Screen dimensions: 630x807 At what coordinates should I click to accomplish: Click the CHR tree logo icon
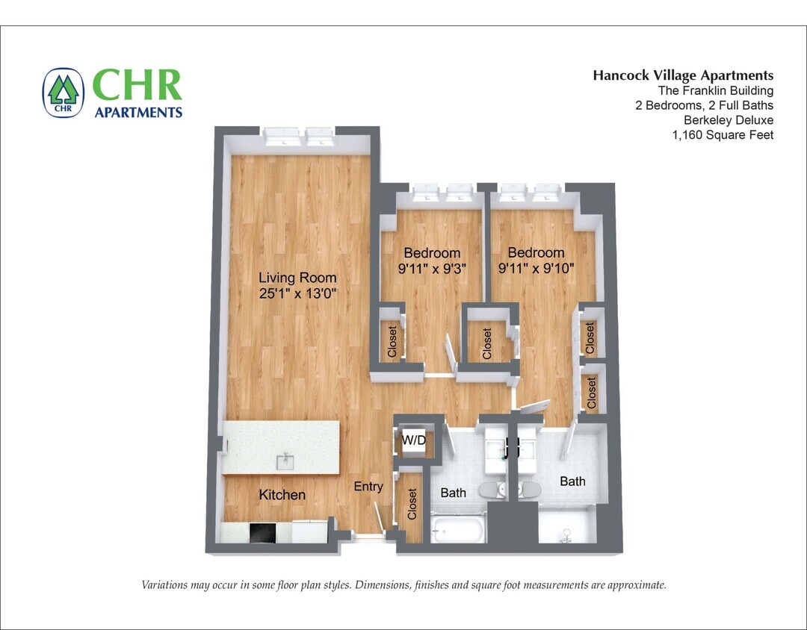pyautogui.click(x=64, y=93)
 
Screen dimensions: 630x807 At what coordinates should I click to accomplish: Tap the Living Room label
pyautogui.click(x=298, y=278)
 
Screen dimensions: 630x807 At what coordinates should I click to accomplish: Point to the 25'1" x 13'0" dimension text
pyautogui.click(x=298, y=294)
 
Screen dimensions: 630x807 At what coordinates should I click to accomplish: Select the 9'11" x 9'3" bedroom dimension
pyautogui.click(x=432, y=269)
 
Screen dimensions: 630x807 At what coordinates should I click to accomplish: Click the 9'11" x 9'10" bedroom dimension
pyautogui.click(x=536, y=269)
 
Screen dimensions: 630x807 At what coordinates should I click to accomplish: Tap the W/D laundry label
pyautogui.click(x=414, y=440)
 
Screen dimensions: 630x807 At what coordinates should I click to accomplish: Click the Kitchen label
pyautogui.click(x=282, y=495)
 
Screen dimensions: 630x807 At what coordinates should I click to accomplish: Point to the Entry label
pyautogui.click(x=368, y=487)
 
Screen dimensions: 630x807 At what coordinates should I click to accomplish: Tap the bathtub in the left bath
pyautogui.click(x=459, y=531)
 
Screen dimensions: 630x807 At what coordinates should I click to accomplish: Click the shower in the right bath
pyautogui.click(x=567, y=531)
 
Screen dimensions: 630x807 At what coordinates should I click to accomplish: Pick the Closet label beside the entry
pyautogui.click(x=412, y=504)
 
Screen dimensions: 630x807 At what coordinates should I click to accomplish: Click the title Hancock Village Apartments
pyautogui.click(x=683, y=75)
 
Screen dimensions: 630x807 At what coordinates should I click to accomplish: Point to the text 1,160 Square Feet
pyautogui.click(x=723, y=135)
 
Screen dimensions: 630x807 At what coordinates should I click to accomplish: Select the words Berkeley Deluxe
pyautogui.click(x=729, y=120)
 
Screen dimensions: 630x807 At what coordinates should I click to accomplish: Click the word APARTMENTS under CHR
pyautogui.click(x=138, y=113)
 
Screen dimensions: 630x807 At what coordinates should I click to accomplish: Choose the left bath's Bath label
pyautogui.click(x=453, y=493)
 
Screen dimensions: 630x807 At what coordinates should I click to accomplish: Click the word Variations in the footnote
pyautogui.click(x=166, y=585)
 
